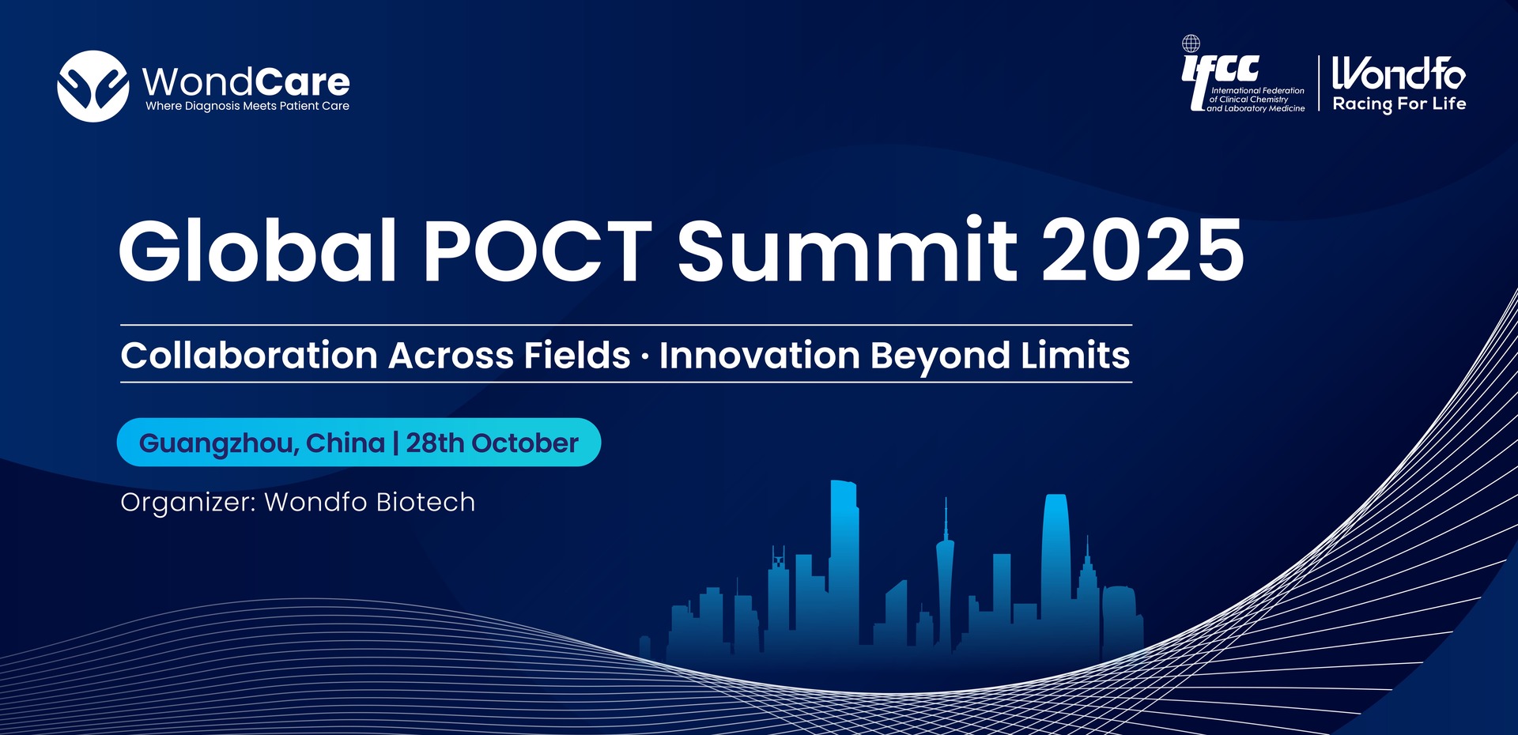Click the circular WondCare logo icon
(x=93, y=86)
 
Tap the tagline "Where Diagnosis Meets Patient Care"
(x=247, y=106)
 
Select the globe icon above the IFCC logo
(x=1191, y=43)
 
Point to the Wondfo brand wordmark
(x=1399, y=73)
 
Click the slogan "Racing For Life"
(x=1399, y=104)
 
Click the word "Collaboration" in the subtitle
(x=249, y=355)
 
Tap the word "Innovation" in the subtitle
(x=760, y=355)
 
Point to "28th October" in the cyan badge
(x=492, y=443)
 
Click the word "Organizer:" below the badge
(x=188, y=503)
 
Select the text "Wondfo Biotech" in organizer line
(x=370, y=502)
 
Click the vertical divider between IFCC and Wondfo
(x=1319, y=84)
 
